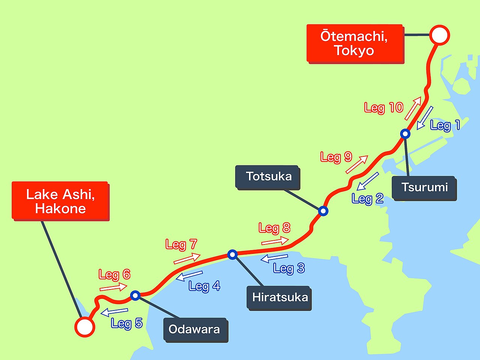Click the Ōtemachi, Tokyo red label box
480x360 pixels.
tap(355, 43)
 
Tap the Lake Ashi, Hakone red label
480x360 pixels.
tap(60, 201)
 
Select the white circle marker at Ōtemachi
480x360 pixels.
tap(439, 36)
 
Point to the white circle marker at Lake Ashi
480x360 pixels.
tap(84, 327)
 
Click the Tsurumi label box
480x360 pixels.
tap(424, 187)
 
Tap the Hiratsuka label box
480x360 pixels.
tap(279, 298)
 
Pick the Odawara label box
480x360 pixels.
tap(195, 330)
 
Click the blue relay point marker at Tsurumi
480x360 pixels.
tap(405, 133)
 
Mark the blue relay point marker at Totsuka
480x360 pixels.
tap(323, 211)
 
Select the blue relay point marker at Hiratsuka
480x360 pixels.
tap(232, 255)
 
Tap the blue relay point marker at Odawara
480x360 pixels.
tap(135, 295)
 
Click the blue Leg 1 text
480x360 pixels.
tap(445, 125)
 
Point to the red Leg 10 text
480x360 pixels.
tap(384, 108)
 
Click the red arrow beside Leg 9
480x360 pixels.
tap(357, 164)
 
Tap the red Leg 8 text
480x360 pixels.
tap(274, 228)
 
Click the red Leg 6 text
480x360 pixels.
tap(114, 274)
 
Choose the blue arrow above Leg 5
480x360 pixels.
tap(115, 311)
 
